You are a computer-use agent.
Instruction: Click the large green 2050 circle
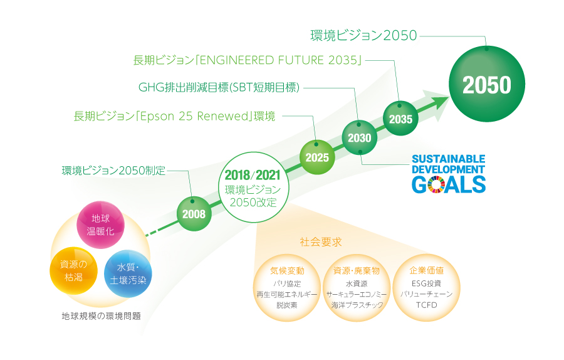[487, 84]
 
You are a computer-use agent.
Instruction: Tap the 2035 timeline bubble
[400, 119]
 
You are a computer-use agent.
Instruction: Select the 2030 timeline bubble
[359, 137]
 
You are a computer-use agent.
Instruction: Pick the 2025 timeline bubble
[317, 157]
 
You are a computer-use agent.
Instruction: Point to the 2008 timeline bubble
[194, 214]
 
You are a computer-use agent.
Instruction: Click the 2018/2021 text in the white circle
[253, 176]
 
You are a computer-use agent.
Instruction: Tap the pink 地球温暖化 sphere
[100, 225]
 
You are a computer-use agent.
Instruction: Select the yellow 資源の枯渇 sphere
[73, 271]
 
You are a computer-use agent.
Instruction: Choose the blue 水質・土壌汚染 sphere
[128, 273]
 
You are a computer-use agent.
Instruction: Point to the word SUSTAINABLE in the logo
[449, 159]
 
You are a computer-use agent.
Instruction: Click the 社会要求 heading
[321, 242]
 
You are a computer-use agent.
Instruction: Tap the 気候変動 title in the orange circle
[287, 271]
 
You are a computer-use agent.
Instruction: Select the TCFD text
[427, 305]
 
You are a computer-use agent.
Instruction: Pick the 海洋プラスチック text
[357, 305]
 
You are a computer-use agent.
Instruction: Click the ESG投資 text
[427, 283]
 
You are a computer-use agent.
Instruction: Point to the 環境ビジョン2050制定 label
[113, 171]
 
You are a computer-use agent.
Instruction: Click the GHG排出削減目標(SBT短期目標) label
[219, 87]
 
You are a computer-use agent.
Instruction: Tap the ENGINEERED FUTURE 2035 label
[248, 60]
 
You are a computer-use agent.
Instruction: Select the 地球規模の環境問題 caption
[101, 316]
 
